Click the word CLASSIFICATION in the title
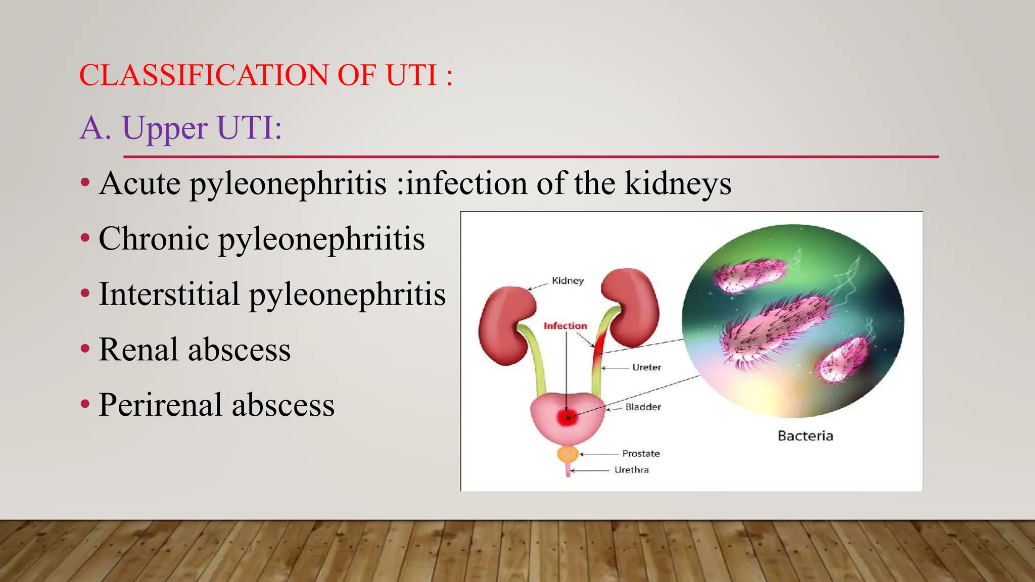[x=203, y=75]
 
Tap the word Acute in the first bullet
[x=139, y=183]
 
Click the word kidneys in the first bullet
[x=678, y=183]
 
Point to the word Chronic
[x=154, y=238]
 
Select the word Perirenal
[x=160, y=405]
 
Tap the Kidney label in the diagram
[x=568, y=281]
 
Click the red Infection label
[x=565, y=326]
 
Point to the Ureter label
[x=646, y=367]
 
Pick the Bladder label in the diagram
[x=643, y=407]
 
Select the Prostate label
[x=641, y=454]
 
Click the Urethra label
[x=631, y=470]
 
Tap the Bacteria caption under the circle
[x=805, y=436]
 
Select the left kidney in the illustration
[x=505, y=325]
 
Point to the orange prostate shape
[x=568, y=454]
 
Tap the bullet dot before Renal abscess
[x=85, y=349]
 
